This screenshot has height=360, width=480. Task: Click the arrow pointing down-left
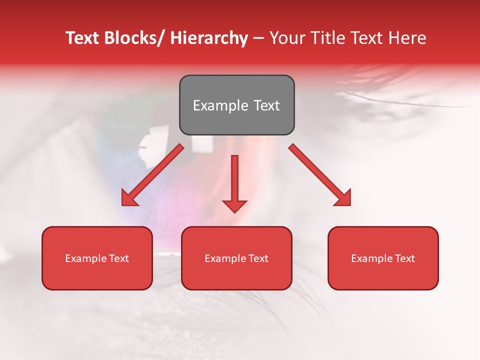coord(152,175)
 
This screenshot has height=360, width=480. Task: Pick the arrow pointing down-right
coord(320,175)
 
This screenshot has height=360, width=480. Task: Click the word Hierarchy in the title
coord(208,38)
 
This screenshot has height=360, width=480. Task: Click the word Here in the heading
coord(408,38)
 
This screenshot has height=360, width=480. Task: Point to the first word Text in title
coord(83,38)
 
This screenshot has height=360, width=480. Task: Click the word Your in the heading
coord(286,38)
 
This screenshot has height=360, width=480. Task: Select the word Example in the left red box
coord(85,258)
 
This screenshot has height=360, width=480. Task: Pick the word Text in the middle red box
coord(257,258)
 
